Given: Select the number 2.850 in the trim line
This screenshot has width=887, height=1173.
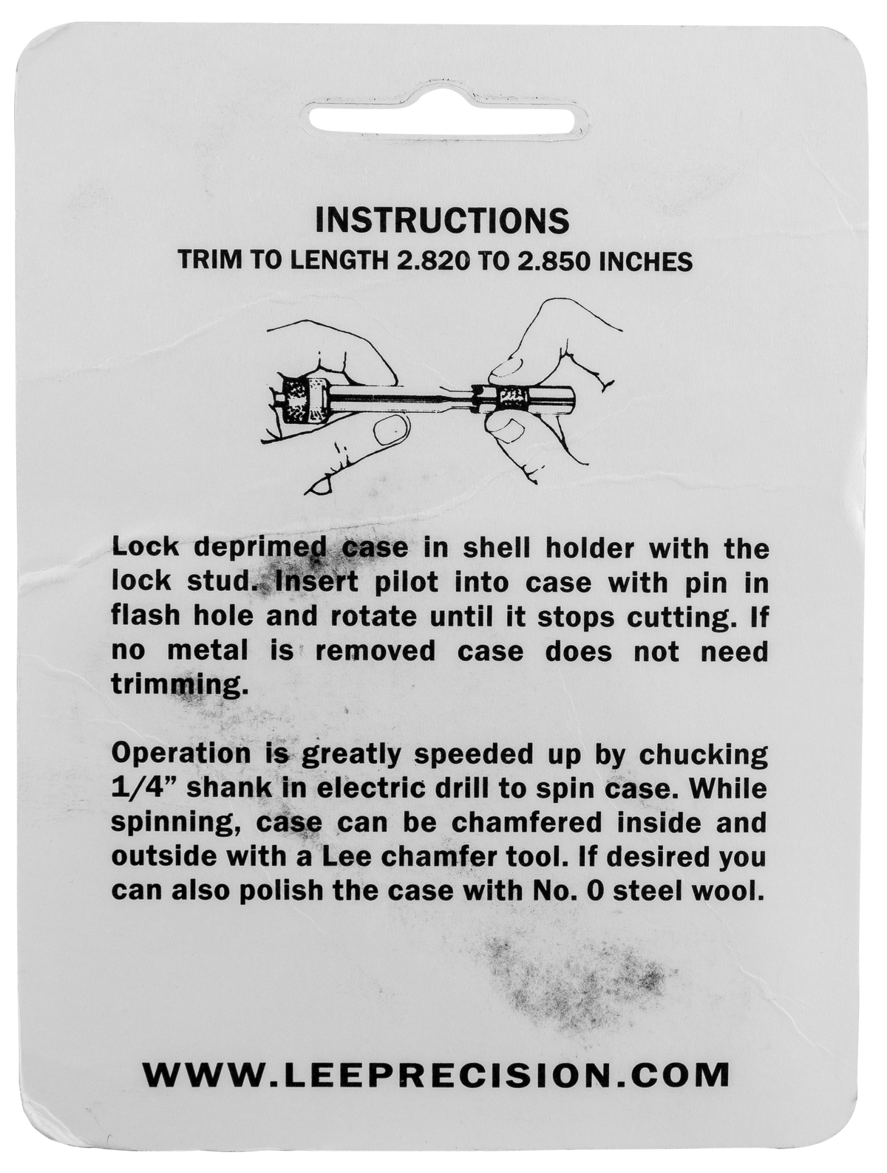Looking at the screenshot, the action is coord(544,261).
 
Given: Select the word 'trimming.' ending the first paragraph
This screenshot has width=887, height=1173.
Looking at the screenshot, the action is coord(180,685).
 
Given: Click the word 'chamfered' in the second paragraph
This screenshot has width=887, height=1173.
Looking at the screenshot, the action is coord(526,823).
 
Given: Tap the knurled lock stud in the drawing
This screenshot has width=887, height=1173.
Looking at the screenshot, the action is coord(512,400).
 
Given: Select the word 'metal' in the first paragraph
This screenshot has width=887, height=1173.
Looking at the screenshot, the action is coord(208,651).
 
